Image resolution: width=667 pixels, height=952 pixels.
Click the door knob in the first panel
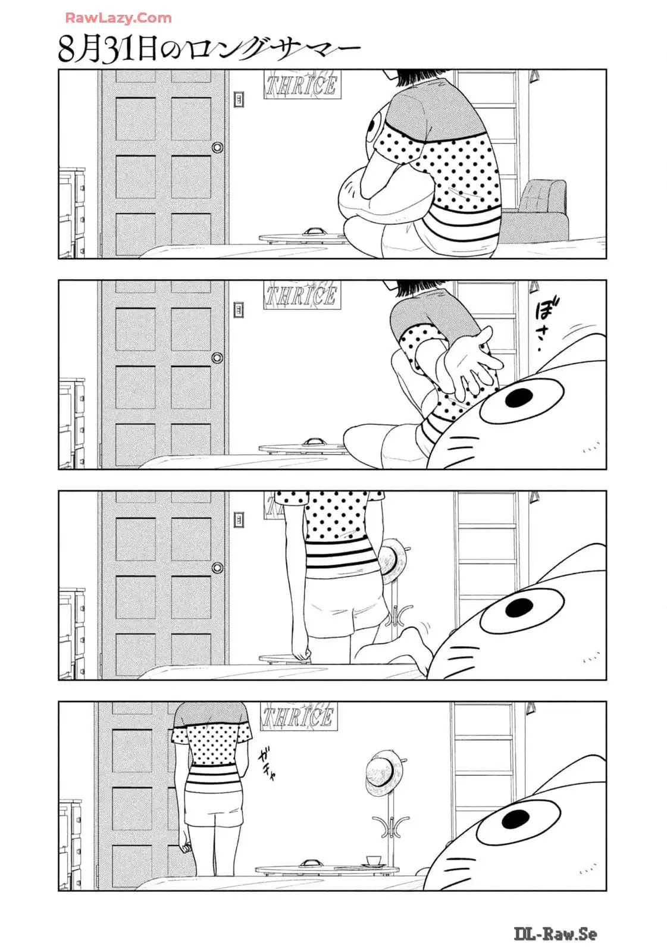(x=217, y=148)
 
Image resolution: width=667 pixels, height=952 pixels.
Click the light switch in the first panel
(x=239, y=99)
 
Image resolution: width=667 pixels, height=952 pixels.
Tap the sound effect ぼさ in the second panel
(x=545, y=325)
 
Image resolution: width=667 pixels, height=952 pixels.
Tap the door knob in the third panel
(x=217, y=568)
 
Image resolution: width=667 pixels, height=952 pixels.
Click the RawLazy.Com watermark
(x=118, y=18)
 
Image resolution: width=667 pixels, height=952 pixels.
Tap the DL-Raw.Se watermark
(x=555, y=934)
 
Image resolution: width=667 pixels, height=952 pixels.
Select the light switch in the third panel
(x=239, y=519)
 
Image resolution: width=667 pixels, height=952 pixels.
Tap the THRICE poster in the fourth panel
(x=298, y=716)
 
